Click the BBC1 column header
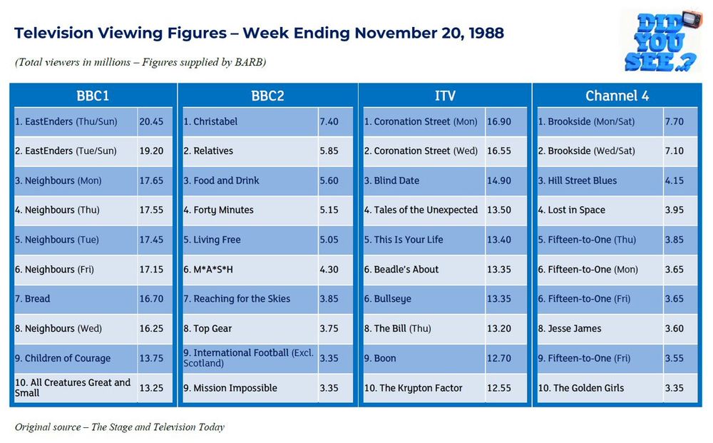click(x=93, y=96)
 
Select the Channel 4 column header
click(x=617, y=96)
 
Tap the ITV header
click(x=444, y=96)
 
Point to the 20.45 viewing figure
click(x=151, y=122)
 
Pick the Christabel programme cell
click(x=215, y=122)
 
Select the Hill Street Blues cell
click(x=582, y=181)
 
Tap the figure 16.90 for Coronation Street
click(x=499, y=122)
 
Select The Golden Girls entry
click(x=588, y=388)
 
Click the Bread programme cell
click(x=37, y=299)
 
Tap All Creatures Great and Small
click(x=73, y=387)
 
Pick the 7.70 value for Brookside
click(x=674, y=122)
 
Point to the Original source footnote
click(x=120, y=427)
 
